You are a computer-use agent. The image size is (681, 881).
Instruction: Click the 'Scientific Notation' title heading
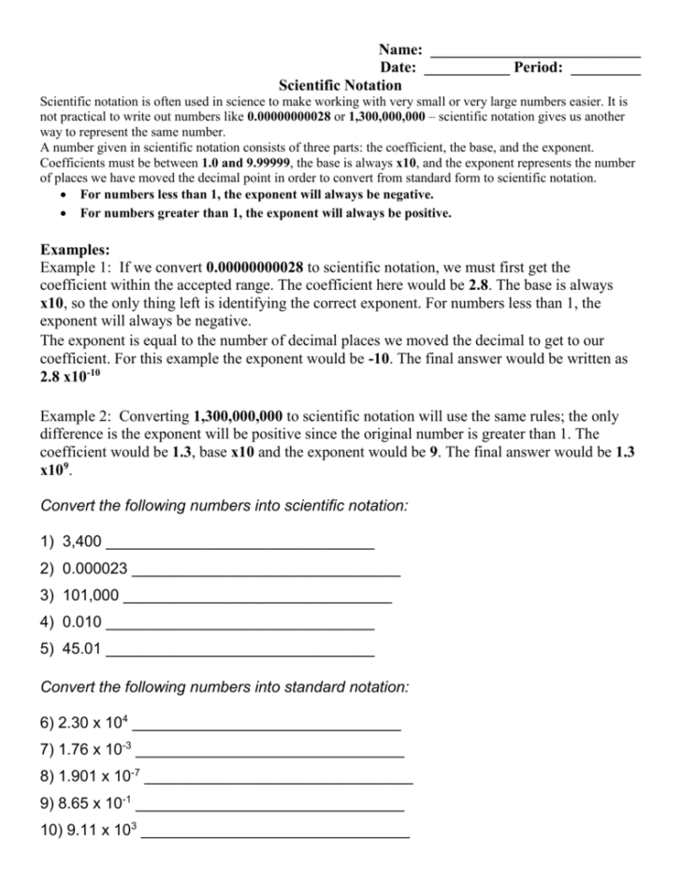(340, 84)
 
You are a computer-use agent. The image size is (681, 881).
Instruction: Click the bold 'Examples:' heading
(76, 250)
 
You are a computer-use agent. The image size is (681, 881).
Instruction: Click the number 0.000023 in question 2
(95, 568)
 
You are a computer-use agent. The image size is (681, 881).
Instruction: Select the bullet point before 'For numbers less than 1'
(62, 195)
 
